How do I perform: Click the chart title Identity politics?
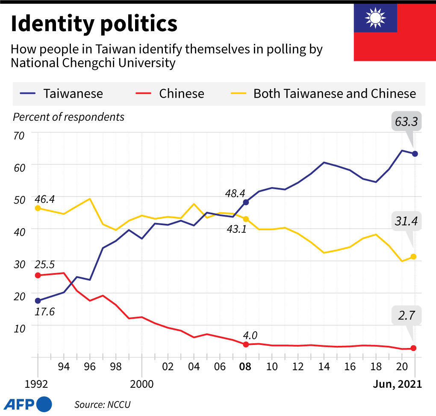point(94,24)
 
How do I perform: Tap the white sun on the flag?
point(375,18)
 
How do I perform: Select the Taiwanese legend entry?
point(73,94)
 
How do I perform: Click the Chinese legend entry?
point(181,94)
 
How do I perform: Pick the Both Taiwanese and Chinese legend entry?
point(334,94)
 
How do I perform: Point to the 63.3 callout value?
point(407,122)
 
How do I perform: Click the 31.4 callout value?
point(407,221)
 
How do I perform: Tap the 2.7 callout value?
point(407,316)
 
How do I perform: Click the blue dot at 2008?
point(246,202)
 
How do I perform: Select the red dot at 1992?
point(38,275)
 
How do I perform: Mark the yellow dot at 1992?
point(38,208)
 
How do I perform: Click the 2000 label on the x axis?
point(142,384)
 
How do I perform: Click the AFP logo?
point(28,404)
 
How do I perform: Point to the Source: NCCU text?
point(102,404)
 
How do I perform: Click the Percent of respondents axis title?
point(69,117)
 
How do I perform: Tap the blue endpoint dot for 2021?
point(415,154)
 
